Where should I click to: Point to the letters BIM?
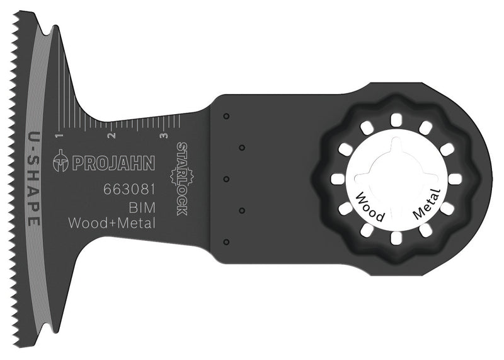[x=142, y=207]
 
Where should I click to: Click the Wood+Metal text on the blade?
[x=111, y=224]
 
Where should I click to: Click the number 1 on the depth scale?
[x=58, y=136]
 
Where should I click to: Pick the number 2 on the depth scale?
[x=111, y=136]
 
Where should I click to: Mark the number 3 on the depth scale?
[x=164, y=136]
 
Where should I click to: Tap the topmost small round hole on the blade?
[x=226, y=115]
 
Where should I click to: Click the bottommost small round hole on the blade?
[x=226, y=241]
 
